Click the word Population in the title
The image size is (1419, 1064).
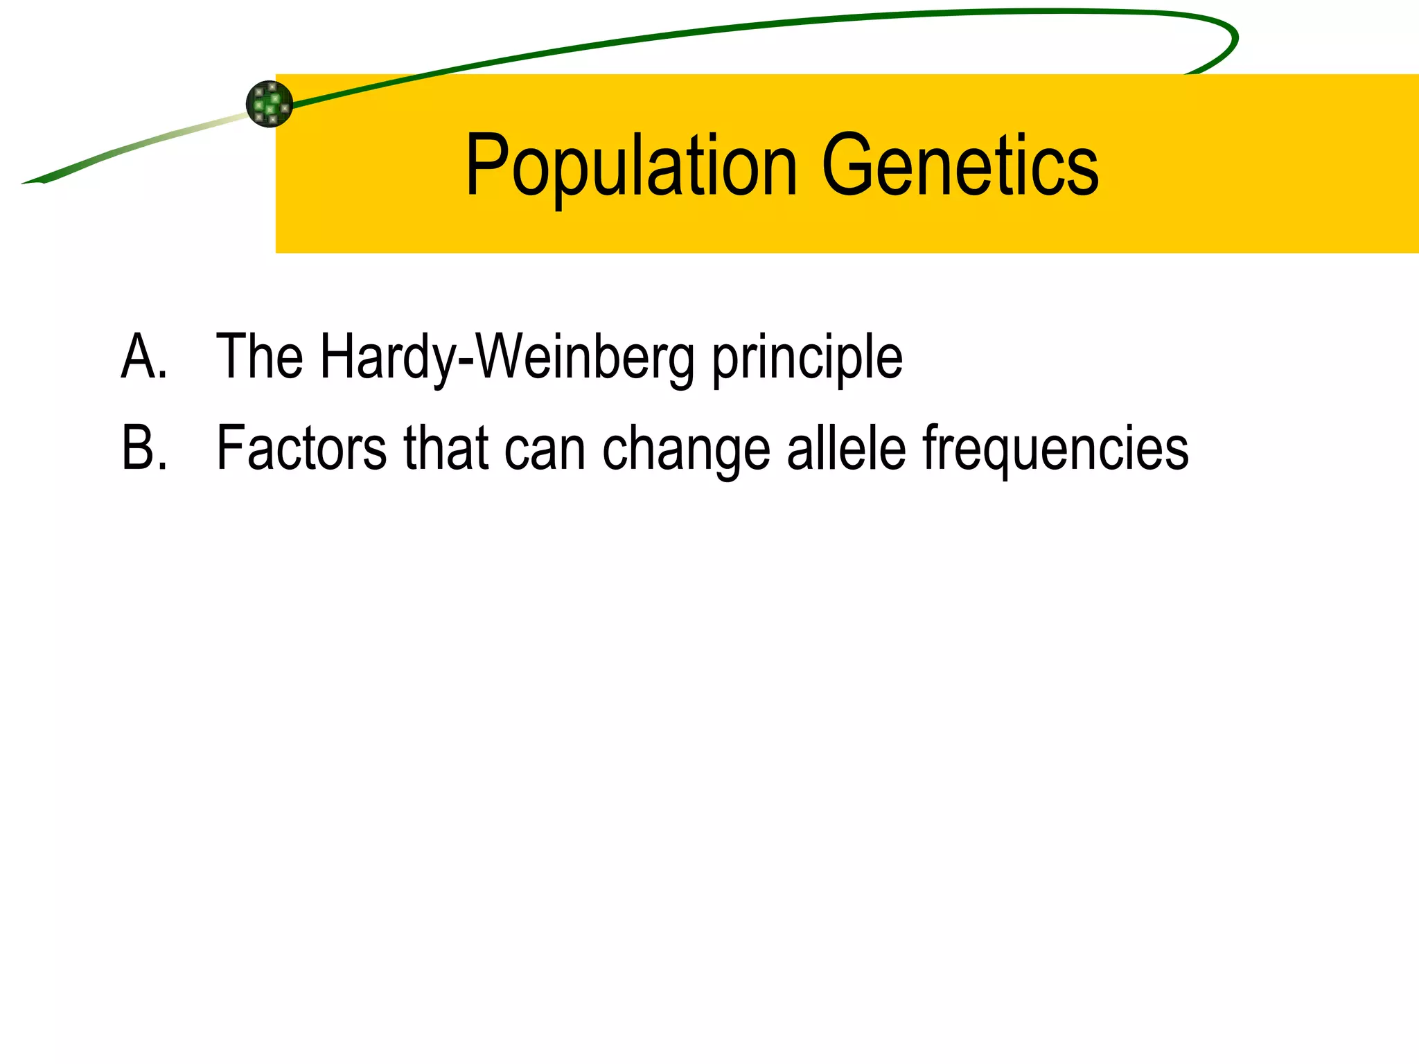pyautogui.click(x=631, y=166)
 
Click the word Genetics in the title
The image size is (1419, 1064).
pyautogui.click(x=960, y=166)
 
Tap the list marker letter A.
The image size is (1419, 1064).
pyautogui.click(x=142, y=357)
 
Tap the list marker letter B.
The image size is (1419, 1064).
pyautogui.click(x=142, y=448)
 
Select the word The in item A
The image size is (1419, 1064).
pyautogui.click(x=259, y=357)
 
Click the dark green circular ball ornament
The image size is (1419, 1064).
pyautogui.click(x=270, y=104)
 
